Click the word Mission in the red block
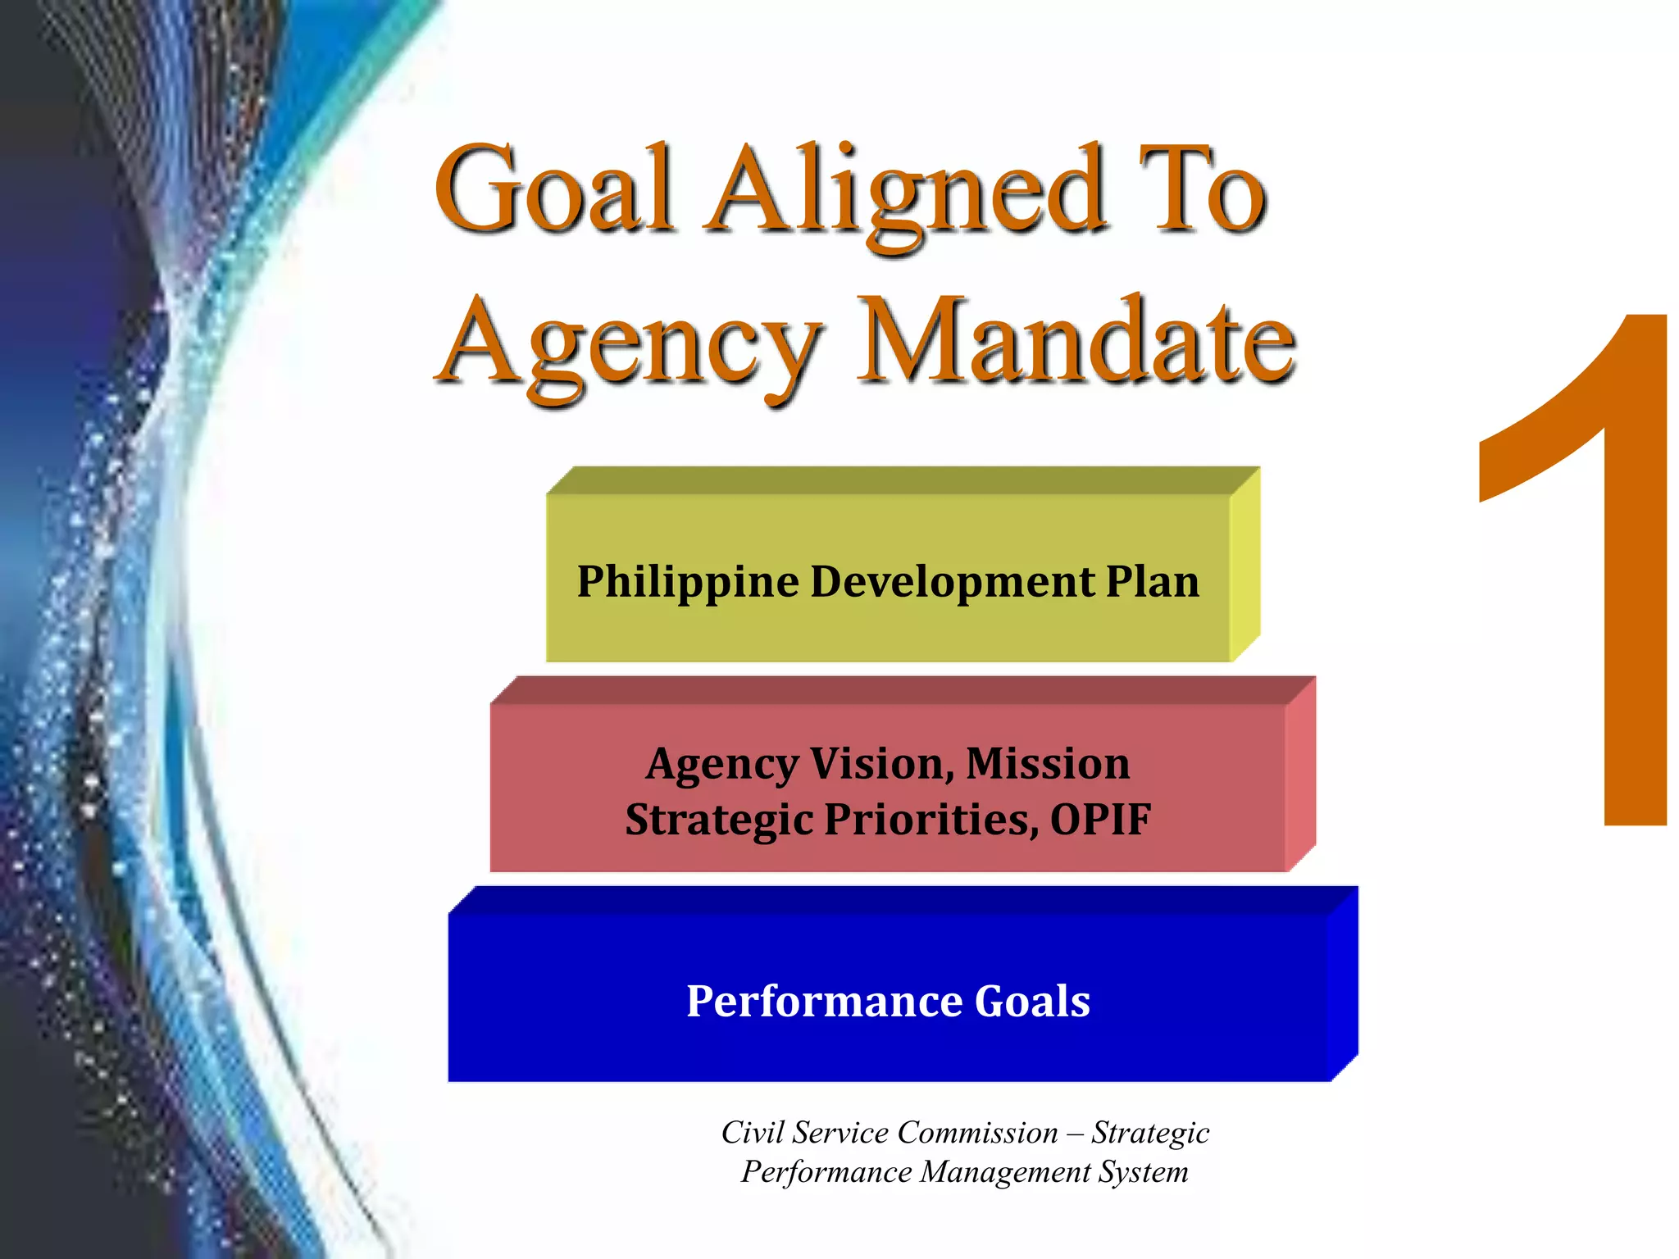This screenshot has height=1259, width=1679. tap(1048, 764)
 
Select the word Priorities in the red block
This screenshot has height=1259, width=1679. tap(930, 820)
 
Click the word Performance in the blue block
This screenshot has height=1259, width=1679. tap(825, 1002)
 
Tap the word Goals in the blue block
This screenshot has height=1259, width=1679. tap(1032, 1002)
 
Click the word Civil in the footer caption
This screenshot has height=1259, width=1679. tap(751, 1133)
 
